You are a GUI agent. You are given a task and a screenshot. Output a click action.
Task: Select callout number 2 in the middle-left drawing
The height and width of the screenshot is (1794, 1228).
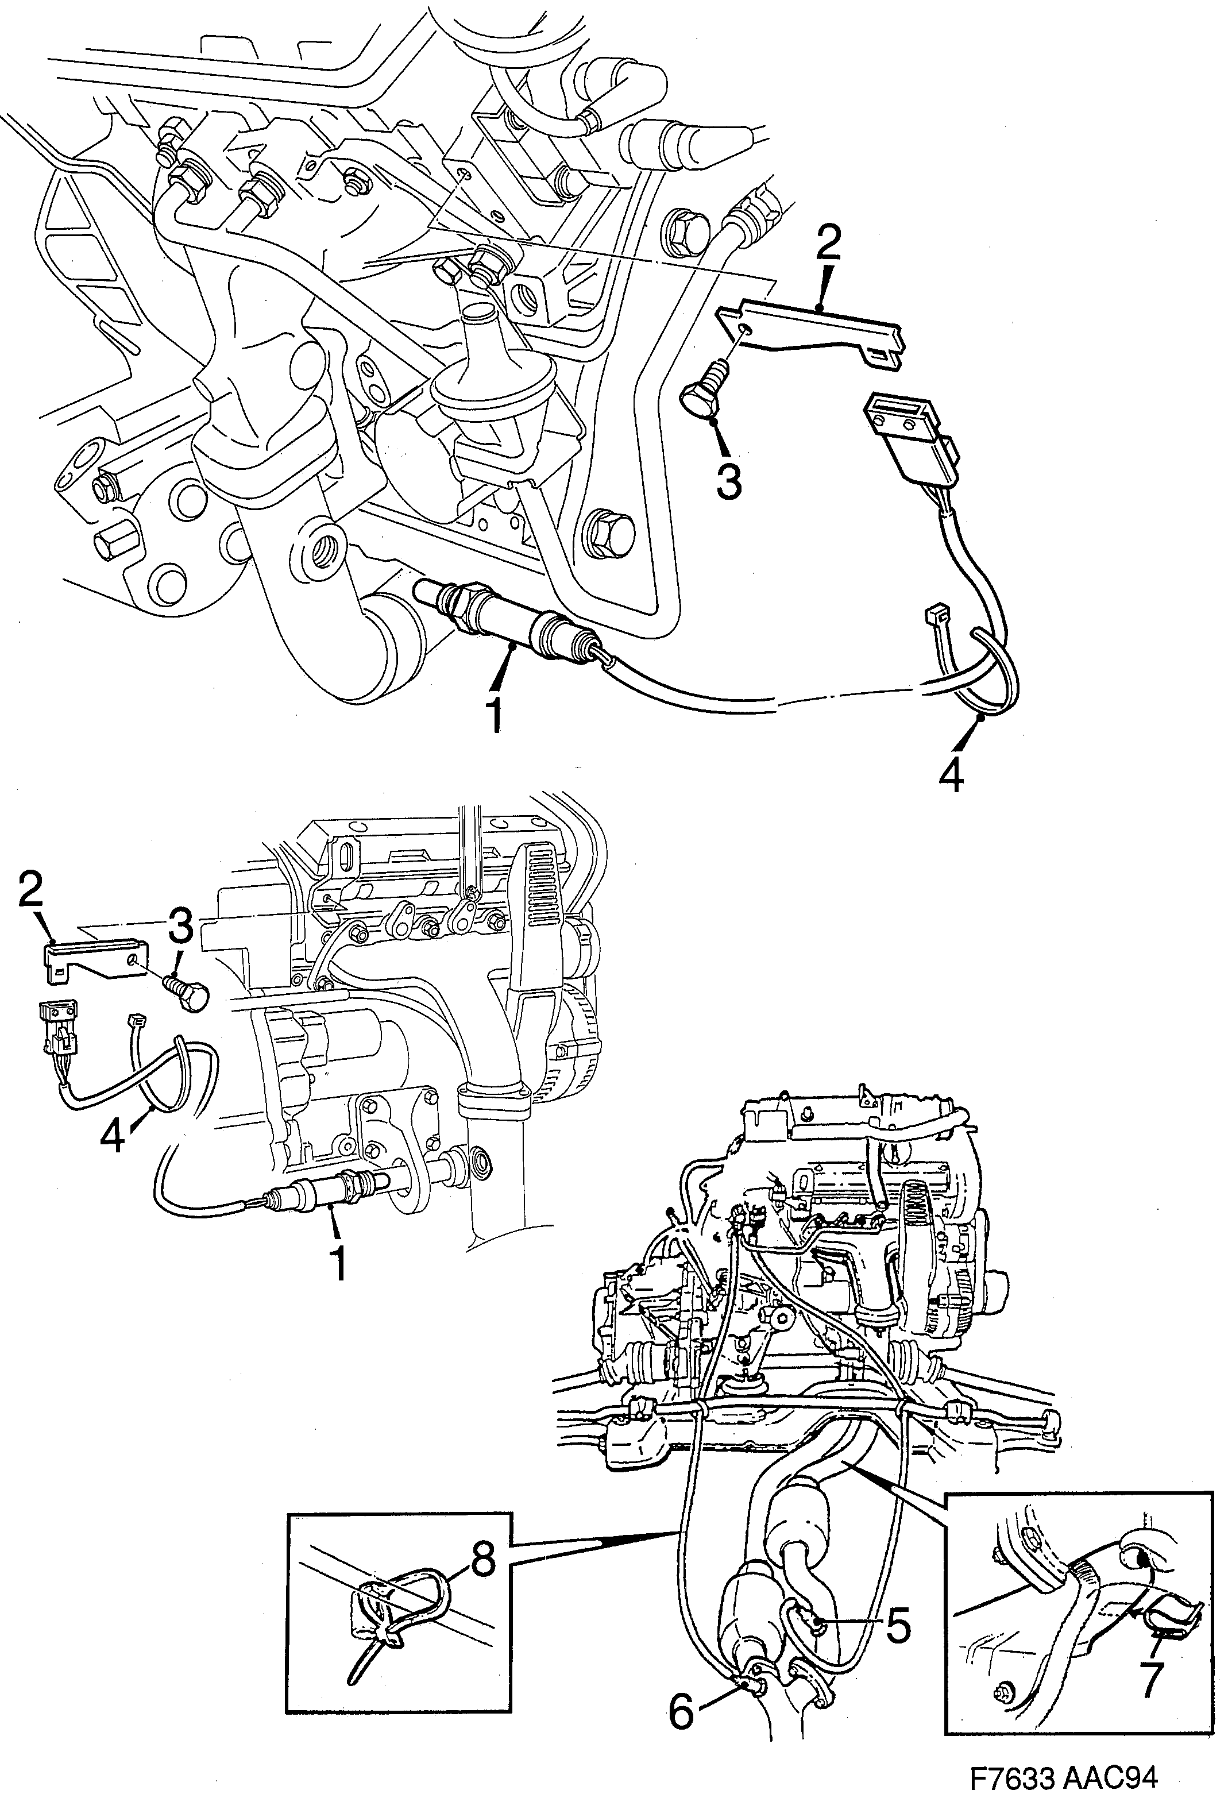click(31, 894)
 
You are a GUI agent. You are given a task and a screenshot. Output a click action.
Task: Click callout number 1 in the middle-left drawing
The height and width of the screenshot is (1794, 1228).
click(337, 1261)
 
